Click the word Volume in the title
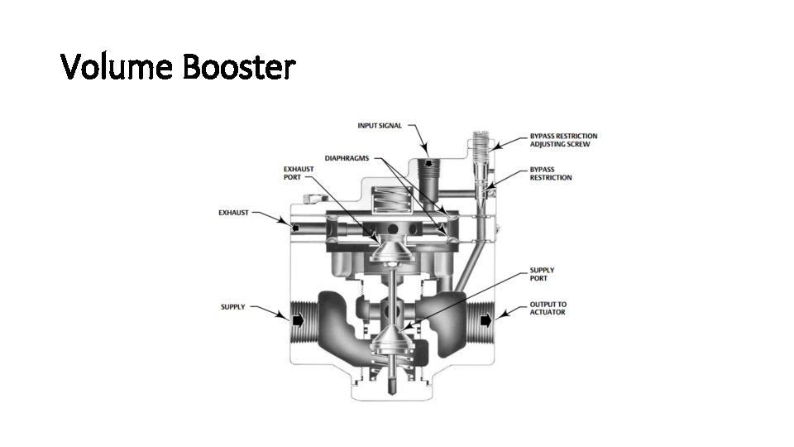click(x=118, y=68)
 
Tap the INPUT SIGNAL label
click(x=380, y=126)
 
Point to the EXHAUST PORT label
click(x=299, y=173)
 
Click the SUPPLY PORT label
click(x=542, y=274)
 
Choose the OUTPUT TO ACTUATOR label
click(x=548, y=308)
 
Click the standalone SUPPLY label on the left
click(x=232, y=307)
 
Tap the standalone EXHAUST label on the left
click(x=233, y=213)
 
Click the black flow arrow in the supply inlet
click(x=298, y=319)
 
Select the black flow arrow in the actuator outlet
click(x=485, y=319)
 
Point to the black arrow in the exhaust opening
click(x=294, y=224)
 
